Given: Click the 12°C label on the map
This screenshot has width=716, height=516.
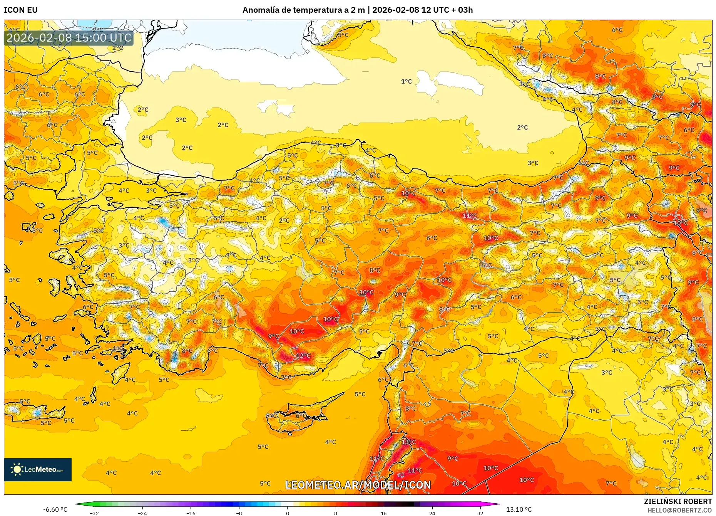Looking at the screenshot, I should [x=303, y=356].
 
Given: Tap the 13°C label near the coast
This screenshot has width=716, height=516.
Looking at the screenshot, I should [x=408, y=442].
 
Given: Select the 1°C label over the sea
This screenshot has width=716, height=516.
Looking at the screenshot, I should [x=406, y=81].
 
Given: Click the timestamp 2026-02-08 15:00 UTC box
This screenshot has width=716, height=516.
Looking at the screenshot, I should [x=69, y=38].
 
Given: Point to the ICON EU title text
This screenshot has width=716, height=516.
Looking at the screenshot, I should [x=21, y=10].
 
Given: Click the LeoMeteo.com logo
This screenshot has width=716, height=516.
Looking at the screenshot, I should [x=38, y=469].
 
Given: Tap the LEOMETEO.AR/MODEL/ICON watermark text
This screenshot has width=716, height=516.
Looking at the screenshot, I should [x=358, y=485].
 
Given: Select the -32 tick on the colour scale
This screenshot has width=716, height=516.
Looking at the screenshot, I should [x=94, y=513].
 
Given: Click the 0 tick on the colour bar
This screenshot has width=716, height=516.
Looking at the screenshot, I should [x=287, y=513].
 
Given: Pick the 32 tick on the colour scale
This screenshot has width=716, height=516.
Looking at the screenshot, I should [x=480, y=513].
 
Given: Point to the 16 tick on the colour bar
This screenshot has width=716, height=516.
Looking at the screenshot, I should [x=383, y=513].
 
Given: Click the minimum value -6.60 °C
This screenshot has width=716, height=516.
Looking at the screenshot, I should [x=55, y=509].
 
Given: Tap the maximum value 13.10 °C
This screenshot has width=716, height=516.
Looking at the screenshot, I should [x=519, y=509].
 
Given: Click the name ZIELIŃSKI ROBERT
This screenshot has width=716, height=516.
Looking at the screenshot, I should [x=678, y=501].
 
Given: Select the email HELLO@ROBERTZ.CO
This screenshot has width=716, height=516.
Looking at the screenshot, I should [x=679, y=510].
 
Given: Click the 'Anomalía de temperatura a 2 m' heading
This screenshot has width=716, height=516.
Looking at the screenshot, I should [x=303, y=10].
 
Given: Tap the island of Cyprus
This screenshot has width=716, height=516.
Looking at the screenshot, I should [x=296, y=418].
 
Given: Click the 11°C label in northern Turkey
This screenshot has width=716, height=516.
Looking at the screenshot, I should [x=470, y=215].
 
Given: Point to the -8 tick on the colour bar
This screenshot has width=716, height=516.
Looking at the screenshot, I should [x=239, y=513].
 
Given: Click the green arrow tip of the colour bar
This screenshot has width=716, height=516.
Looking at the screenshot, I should [x=76, y=504].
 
